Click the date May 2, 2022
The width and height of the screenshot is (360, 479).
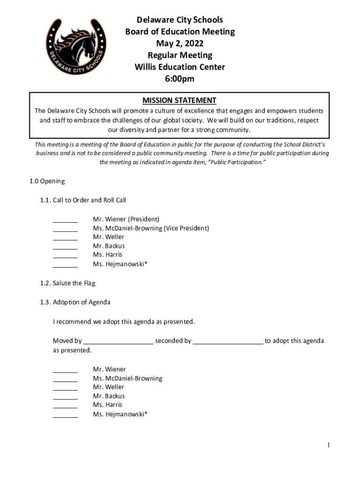(x=180, y=44)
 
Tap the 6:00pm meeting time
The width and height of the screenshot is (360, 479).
(x=180, y=79)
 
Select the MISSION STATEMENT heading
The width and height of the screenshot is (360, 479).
(x=180, y=100)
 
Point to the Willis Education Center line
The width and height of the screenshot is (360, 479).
(x=180, y=67)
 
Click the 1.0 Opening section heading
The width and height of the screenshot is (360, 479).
(x=47, y=181)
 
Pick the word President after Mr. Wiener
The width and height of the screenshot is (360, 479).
(x=144, y=219)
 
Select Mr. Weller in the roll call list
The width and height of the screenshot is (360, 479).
(x=108, y=237)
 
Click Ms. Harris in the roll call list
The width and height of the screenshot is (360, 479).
(x=108, y=254)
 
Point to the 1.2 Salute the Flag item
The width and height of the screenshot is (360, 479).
(x=68, y=283)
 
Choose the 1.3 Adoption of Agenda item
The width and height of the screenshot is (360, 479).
(x=75, y=302)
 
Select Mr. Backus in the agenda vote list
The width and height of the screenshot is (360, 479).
(x=109, y=396)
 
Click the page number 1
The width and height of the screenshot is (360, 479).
(x=329, y=445)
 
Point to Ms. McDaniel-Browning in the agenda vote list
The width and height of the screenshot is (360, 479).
(x=128, y=378)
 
